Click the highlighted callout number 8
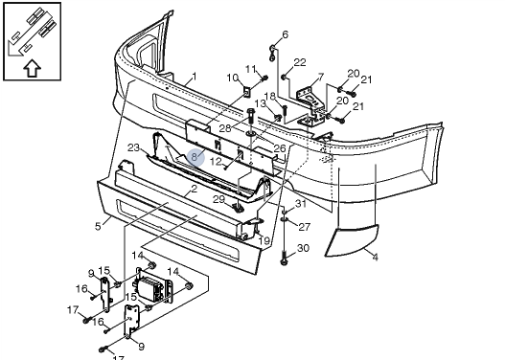pyautogui.click(x=194, y=157)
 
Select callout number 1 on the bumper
pyautogui.click(x=194, y=77)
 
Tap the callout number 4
pyautogui.click(x=375, y=257)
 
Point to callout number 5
pyautogui.click(x=98, y=226)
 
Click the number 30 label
pyautogui.click(x=303, y=248)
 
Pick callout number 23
pyautogui.click(x=133, y=147)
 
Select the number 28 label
pyautogui.click(x=225, y=128)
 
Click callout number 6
pyautogui.click(x=285, y=34)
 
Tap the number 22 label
pyautogui.click(x=300, y=62)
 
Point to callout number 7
pyautogui.click(x=320, y=77)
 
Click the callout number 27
pyautogui.click(x=304, y=227)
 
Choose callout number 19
pyautogui.click(x=264, y=240)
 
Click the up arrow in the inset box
pyautogui.click(x=33, y=68)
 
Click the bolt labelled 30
pyautogui.click(x=284, y=259)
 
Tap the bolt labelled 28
pyautogui.click(x=251, y=116)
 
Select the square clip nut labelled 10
pyautogui.click(x=246, y=92)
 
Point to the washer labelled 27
pyautogui.click(x=285, y=219)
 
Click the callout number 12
pyautogui.click(x=216, y=161)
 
